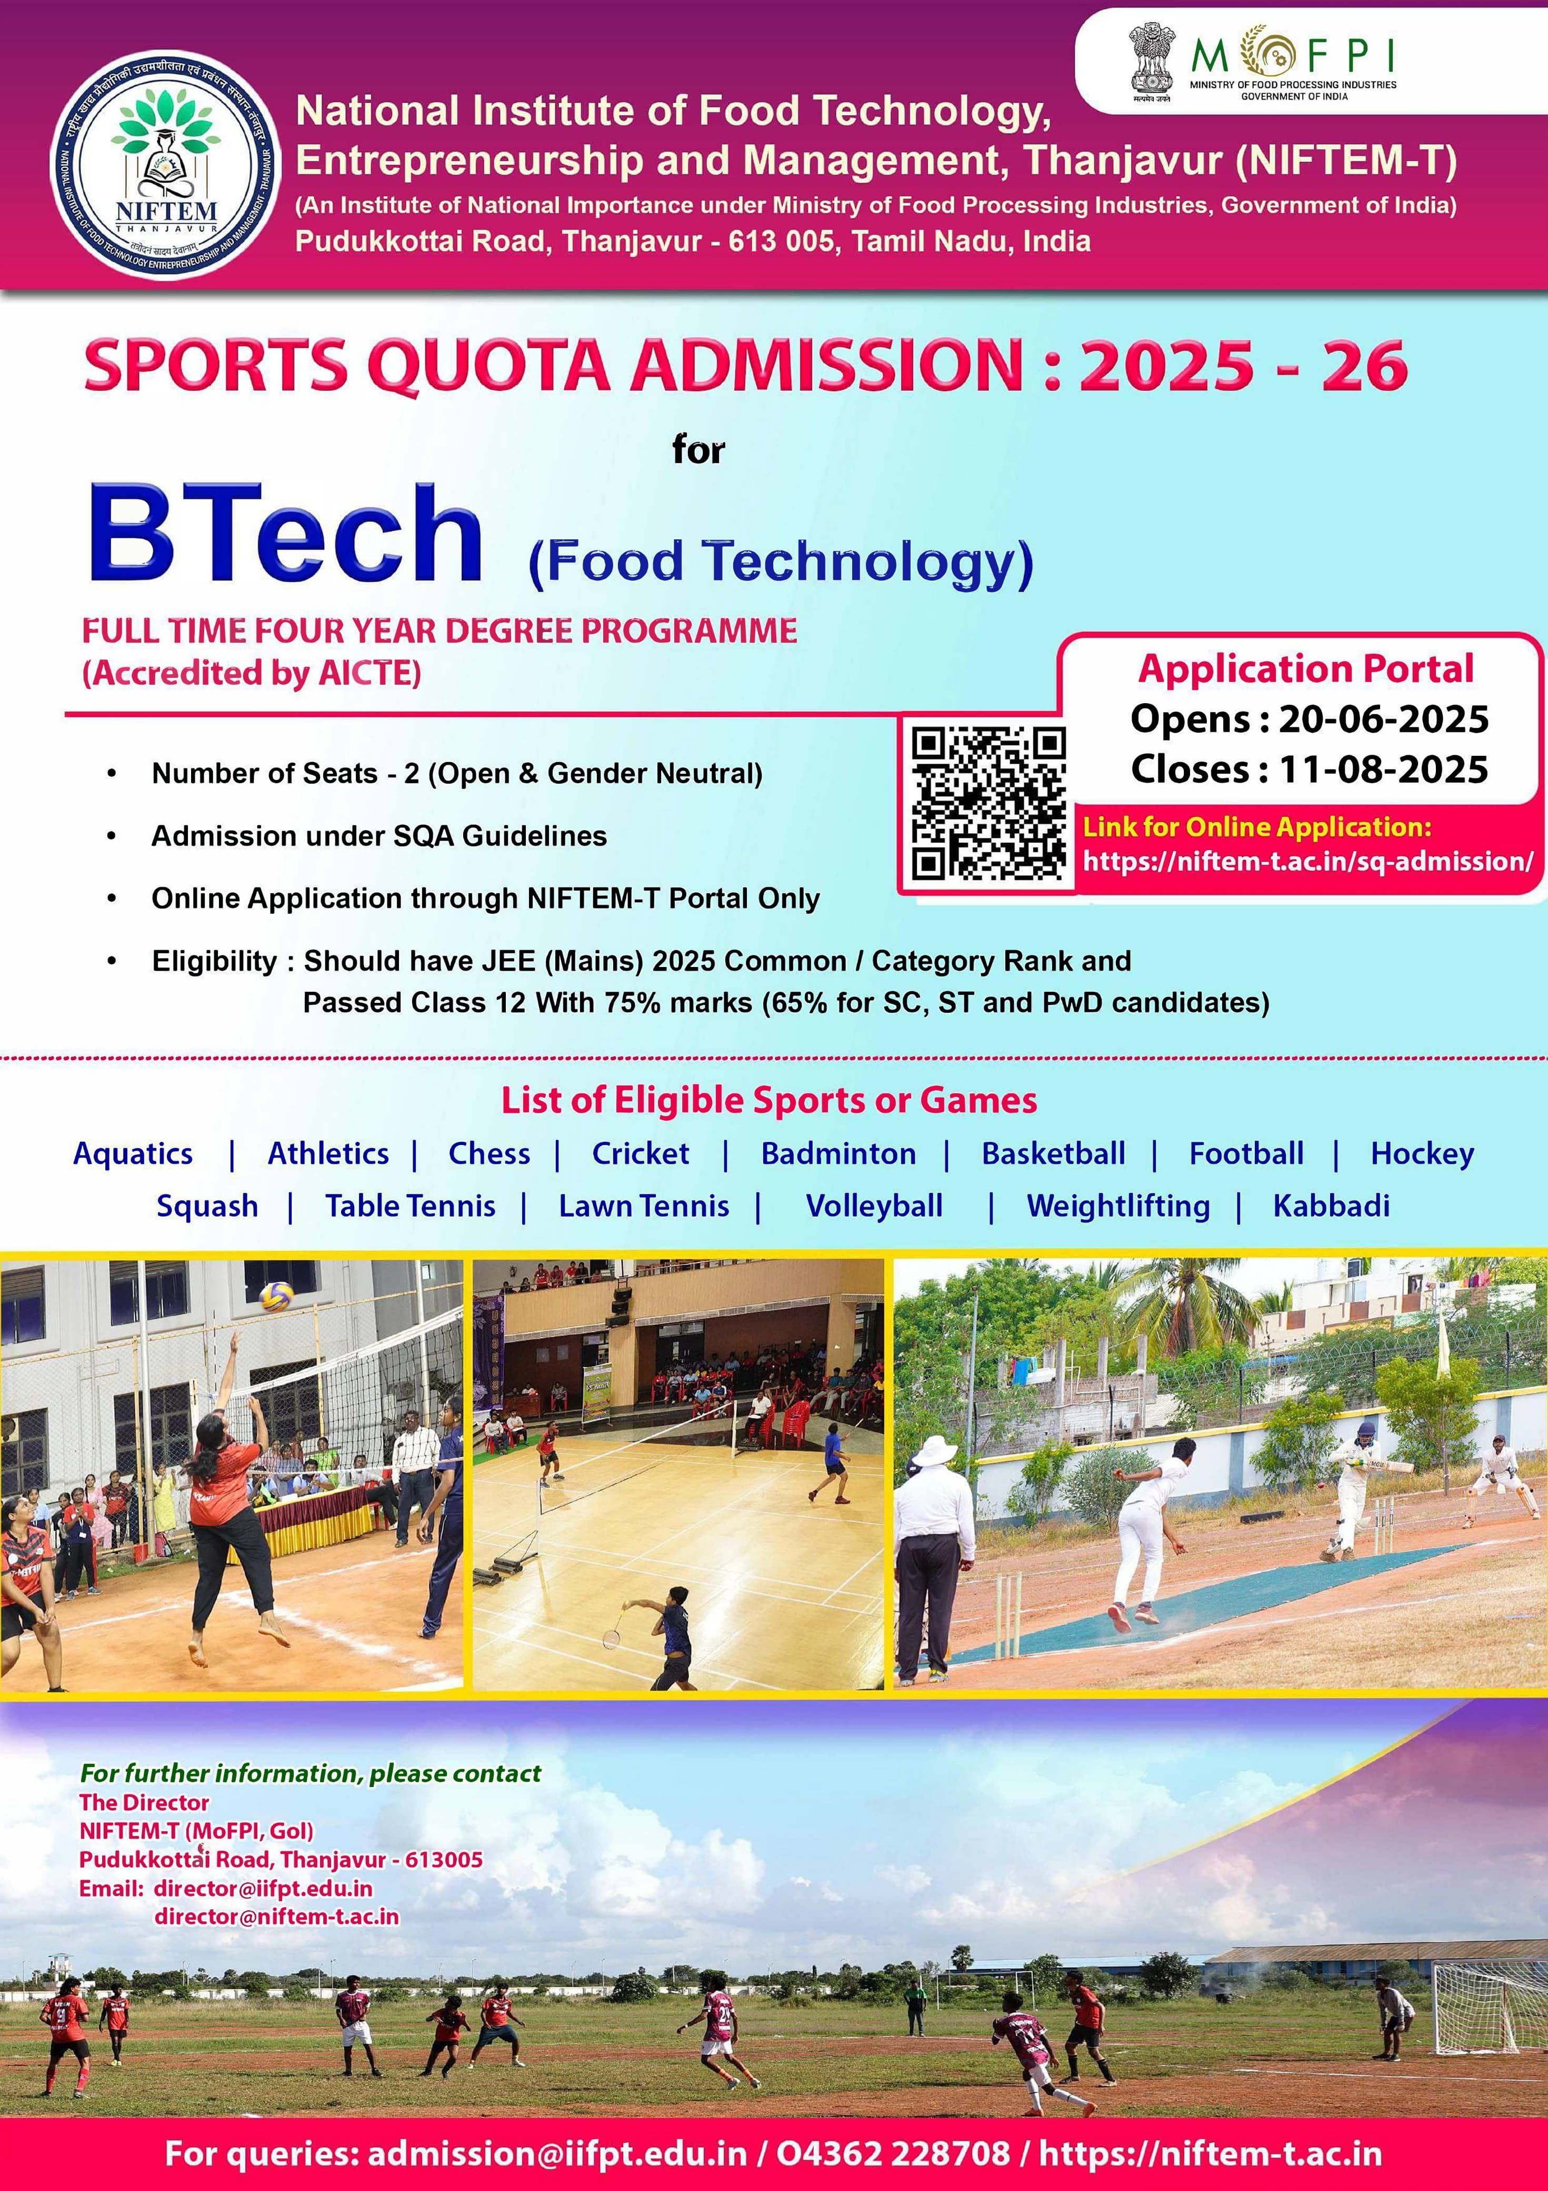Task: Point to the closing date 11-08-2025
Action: click(x=1383, y=769)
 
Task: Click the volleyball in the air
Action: click(x=277, y=1296)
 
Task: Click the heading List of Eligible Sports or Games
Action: click(x=769, y=1100)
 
